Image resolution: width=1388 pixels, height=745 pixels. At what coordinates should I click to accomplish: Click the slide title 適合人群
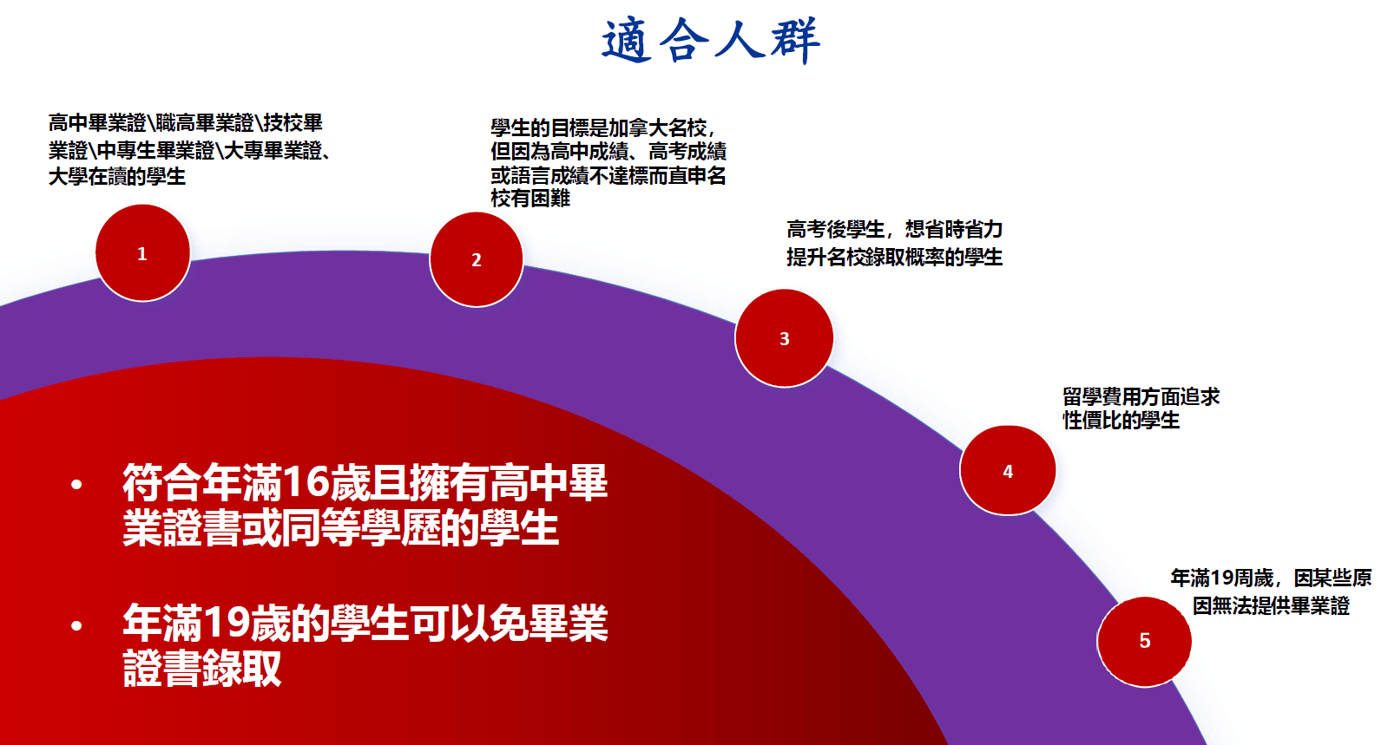click(710, 41)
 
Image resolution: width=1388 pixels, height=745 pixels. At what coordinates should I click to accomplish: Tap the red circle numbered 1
click(142, 253)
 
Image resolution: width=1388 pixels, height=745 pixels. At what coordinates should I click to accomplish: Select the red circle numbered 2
click(476, 259)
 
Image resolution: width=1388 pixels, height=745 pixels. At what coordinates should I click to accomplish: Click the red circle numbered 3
click(784, 338)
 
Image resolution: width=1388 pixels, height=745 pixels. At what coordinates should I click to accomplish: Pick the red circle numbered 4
click(1007, 471)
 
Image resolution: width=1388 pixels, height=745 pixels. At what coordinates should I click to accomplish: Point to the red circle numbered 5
click(1144, 641)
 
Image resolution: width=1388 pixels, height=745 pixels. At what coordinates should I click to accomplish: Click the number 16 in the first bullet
click(303, 483)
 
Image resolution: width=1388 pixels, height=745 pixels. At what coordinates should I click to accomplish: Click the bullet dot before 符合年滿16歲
click(76, 484)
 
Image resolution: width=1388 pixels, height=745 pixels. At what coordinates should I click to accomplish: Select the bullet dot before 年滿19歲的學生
click(76, 624)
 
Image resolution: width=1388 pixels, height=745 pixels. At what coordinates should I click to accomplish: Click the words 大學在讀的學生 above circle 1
click(117, 177)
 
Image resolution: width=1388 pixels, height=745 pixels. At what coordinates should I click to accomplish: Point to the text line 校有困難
click(530, 199)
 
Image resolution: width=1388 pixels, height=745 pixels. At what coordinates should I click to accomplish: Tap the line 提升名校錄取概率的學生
click(894, 258)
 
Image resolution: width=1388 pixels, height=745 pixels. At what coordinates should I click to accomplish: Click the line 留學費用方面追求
click(1141, 397)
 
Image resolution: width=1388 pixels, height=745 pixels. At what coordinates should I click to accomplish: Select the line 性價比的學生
click(1121, 421)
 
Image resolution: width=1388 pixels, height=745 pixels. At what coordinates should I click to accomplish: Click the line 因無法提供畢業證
click(1271, 606)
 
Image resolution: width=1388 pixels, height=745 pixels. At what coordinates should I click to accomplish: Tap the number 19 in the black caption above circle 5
click(1222, 578)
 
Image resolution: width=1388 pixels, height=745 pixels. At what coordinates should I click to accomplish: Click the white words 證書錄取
click(202, 669)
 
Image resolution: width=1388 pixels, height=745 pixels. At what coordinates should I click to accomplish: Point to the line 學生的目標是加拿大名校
click(602, 128)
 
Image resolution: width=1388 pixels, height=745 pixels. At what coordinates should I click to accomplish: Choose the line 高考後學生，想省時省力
click(894, 230)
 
